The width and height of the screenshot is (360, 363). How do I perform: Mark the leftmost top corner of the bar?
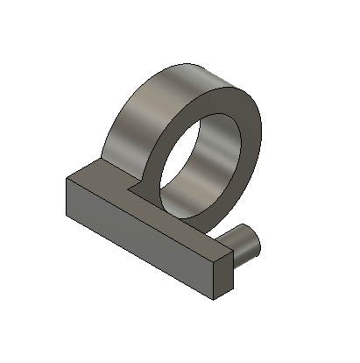(67, 178)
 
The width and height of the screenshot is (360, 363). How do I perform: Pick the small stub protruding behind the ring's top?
(198, 69)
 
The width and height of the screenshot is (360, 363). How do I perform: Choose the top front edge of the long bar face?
(140, 217)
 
